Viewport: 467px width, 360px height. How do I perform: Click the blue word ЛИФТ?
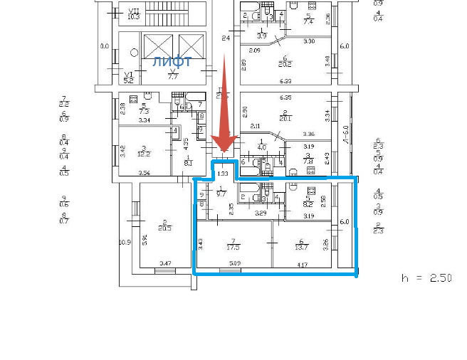(x=172, y=62)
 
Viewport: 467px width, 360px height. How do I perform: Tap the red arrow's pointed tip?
(x=224, y=152)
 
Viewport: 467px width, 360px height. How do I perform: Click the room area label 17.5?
(x=233, y=247)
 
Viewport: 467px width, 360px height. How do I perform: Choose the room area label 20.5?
(x=164, y=228)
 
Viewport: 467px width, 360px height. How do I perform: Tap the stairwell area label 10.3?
(x=132, y=16)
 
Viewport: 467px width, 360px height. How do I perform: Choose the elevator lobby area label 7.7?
(x=172, y=76)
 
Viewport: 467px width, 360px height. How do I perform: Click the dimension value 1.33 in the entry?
(x=223, y=173)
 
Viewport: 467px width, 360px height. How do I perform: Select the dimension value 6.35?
(x=286, y=97)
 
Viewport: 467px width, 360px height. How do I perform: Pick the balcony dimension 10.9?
(x=125, y=243)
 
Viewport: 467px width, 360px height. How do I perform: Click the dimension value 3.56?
(x=145, y=173)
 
